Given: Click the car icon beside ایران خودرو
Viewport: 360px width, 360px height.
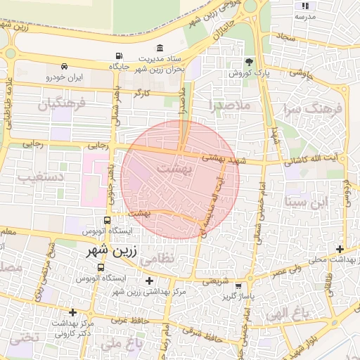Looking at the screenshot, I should point(64,64).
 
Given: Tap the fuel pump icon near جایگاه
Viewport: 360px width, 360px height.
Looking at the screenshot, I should point(117,56).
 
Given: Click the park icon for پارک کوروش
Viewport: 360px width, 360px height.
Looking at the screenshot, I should point(247,63).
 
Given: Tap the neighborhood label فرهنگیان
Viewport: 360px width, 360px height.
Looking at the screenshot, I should point(60,105).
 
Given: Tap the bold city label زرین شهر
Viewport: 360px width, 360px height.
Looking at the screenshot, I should point(108,250).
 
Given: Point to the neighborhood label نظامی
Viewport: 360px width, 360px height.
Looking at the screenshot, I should point(155,259).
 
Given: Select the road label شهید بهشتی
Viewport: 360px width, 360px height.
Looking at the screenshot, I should point(221,158).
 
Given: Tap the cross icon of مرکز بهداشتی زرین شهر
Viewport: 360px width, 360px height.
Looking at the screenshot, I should point(148,281).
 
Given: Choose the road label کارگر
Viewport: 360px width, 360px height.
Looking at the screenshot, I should point(144,92).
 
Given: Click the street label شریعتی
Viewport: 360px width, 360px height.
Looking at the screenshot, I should point(216,281).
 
